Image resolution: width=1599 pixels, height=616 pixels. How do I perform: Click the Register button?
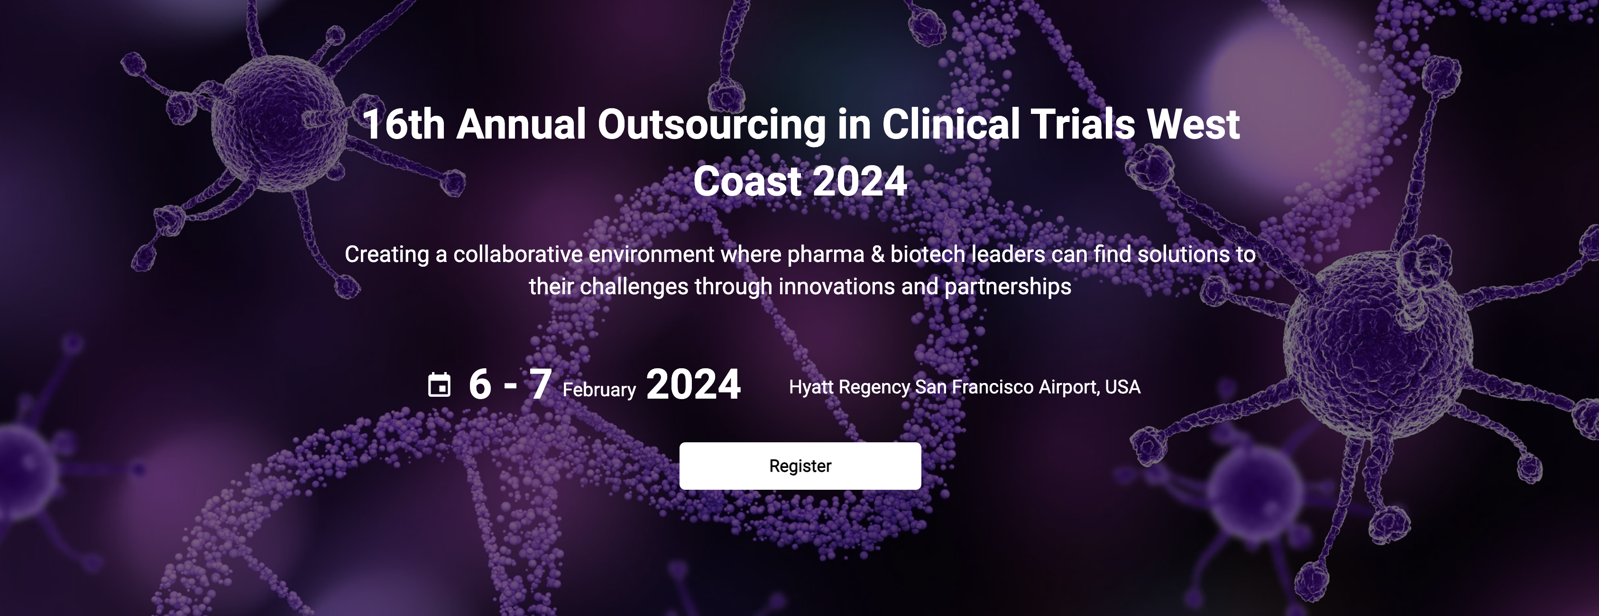click(800, 466)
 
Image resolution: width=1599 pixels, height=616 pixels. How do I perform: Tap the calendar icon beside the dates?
click(440, 384)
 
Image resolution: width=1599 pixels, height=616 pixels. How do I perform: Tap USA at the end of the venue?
click(1122, 387)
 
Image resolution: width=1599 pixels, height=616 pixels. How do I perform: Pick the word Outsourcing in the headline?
click(711, 125)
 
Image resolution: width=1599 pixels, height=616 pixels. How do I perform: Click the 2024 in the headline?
click(860, 181)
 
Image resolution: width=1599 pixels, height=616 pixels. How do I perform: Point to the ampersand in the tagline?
click(878, 254)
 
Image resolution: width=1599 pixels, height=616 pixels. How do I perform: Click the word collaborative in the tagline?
click(518, 254)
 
